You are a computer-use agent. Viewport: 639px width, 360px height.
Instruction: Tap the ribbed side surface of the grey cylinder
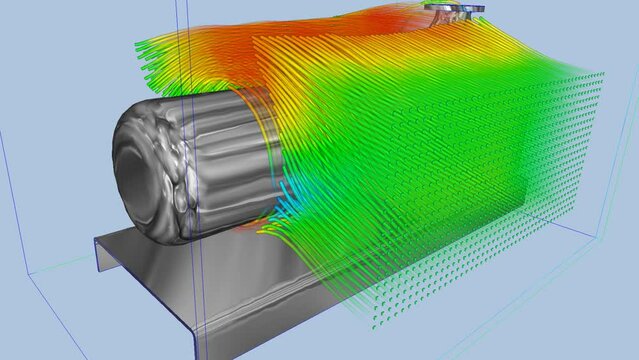[225, 160]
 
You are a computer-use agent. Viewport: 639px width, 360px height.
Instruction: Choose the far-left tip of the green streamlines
[135, 44]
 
